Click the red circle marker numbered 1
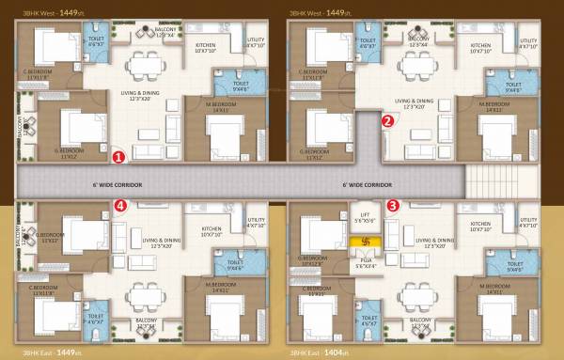[118, 157]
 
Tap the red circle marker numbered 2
[387, 119]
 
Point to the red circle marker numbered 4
[119, 204]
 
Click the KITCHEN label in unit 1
[206, 47]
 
